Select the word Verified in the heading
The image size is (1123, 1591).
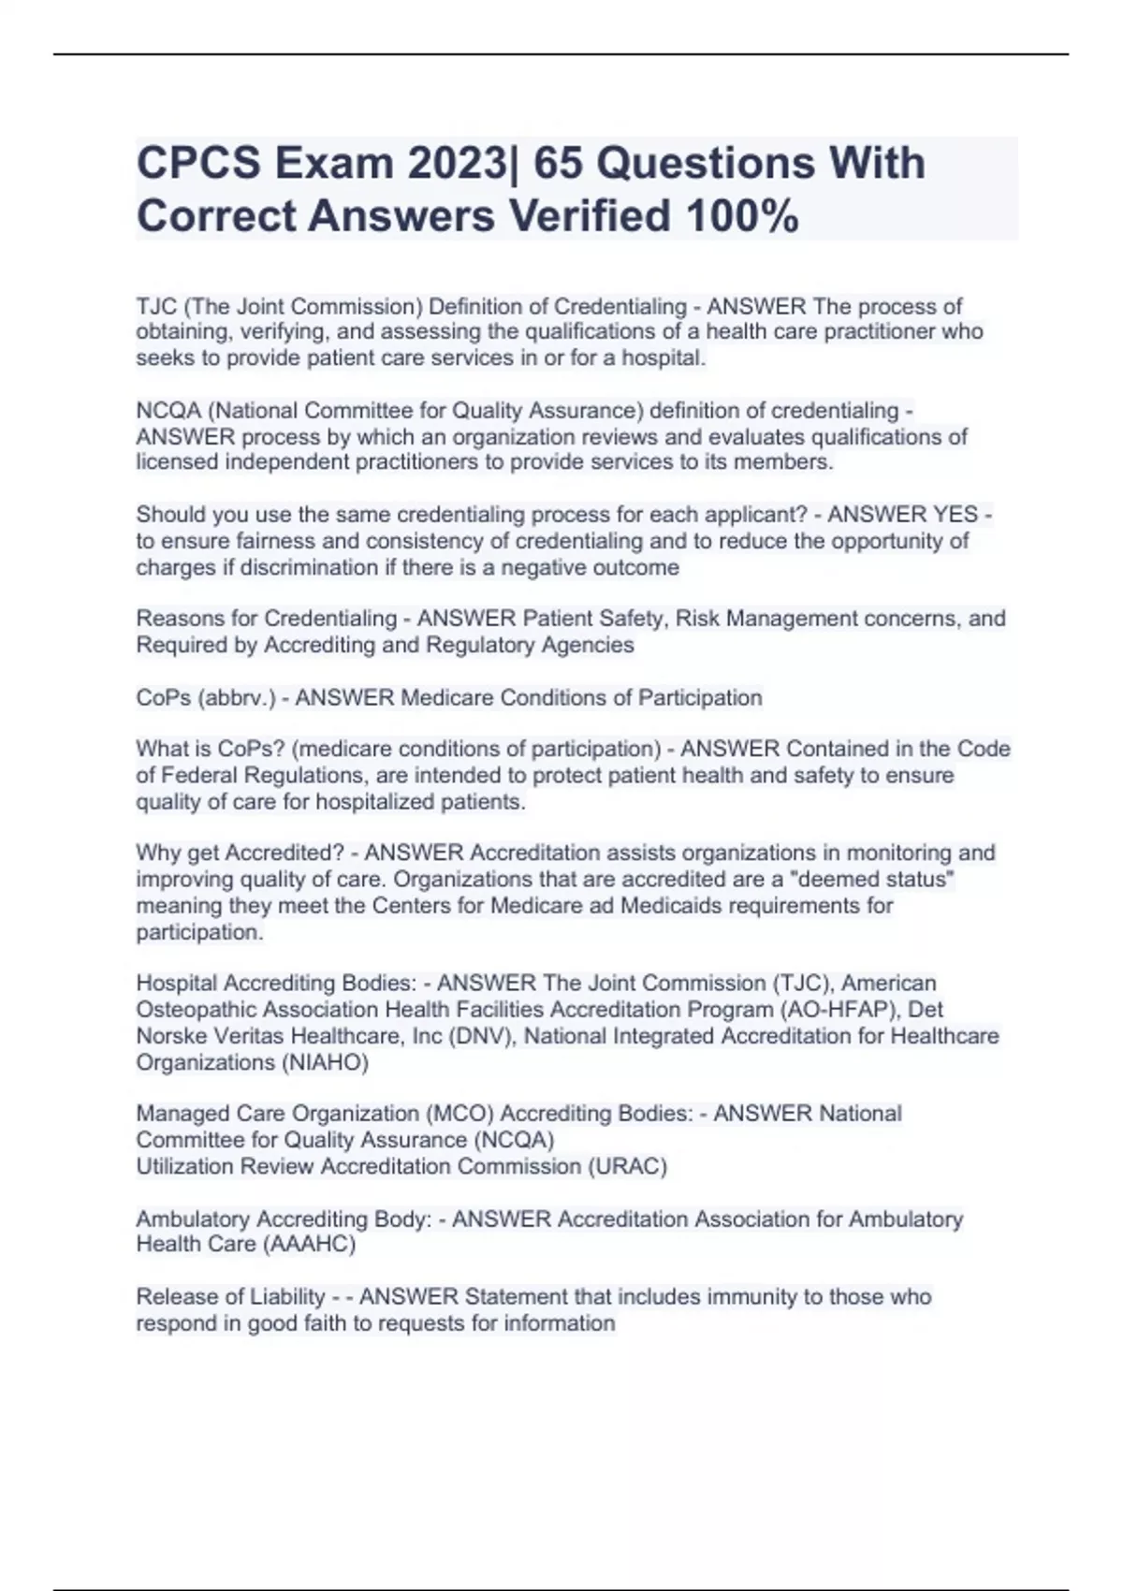pos(590,216)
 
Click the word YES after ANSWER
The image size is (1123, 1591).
pos(955,515)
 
